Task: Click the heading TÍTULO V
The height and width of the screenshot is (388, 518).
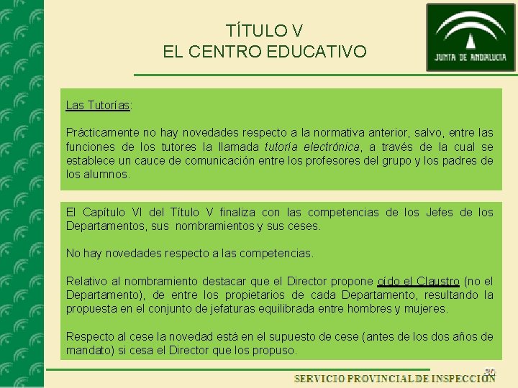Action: click(x=264, y=31)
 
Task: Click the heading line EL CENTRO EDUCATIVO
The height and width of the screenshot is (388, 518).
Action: click(x=264, y=52)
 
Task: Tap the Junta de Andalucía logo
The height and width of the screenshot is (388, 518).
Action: click(x=471, y=37)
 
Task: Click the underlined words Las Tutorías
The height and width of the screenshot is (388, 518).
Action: click(x=98, y=105)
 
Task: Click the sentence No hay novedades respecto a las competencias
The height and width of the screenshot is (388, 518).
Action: click(x=190, y=253)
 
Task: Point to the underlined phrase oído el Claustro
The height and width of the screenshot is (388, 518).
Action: click(x=418, y=281)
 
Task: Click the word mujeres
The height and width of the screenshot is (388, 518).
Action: click(x=424, y=308)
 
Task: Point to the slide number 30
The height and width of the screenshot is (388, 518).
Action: click(x=490, y=371)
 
